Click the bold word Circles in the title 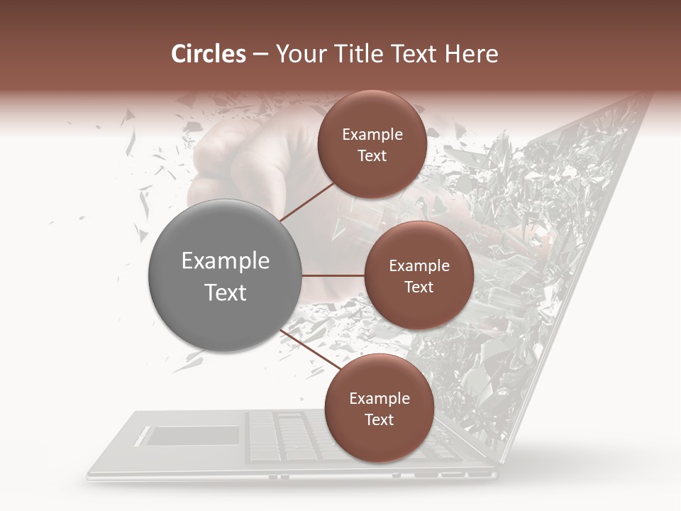coord(209,54)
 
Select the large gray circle coord(225,275)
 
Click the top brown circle coord(372,145)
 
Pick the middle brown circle coord(419,275)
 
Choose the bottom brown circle coord(379,408)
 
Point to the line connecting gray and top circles coord(306,200)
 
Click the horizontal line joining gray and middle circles coord(333,275)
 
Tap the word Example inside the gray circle coord(225,261)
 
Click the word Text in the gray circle coord(225,292)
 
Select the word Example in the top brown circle coord(372,135)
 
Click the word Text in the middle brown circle coord(419,287)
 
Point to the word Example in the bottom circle coord(379,399)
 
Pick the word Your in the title coord(298,54)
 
